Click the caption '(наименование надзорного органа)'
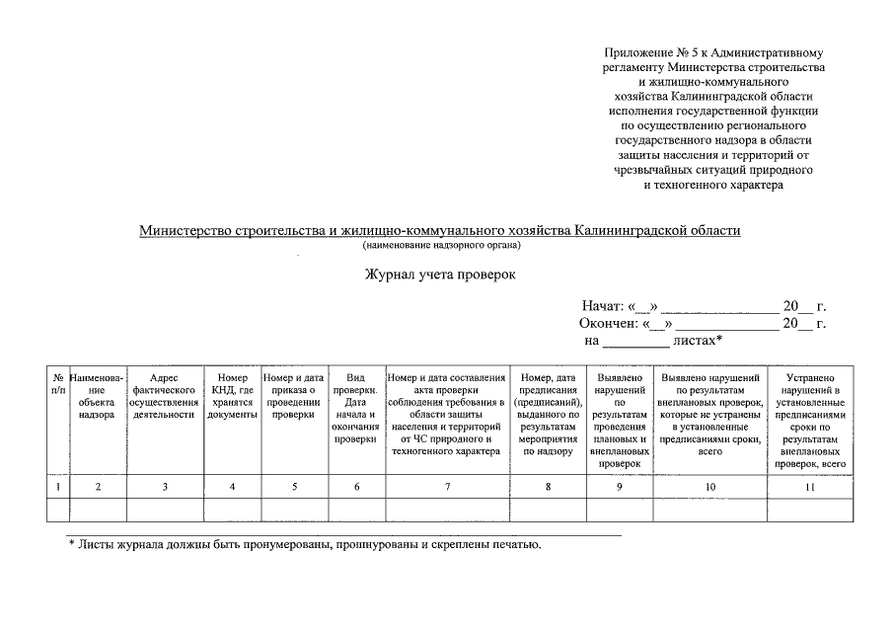click(440, 245)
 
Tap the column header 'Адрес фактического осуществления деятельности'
click(164, 396)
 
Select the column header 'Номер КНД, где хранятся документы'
click(232, 396)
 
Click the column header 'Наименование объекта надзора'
click(97, 396)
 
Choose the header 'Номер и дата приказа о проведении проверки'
click(293, 396)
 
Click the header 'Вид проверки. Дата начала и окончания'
click(356, 409)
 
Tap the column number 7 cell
click(447, 487)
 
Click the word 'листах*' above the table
click(698, 341)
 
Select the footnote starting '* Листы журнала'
click(305, 544)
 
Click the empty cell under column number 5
click(293, 510)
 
